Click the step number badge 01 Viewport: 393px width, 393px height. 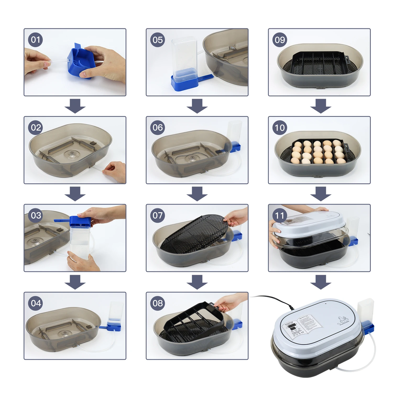[x=35, y=40]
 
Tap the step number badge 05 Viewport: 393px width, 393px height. [x=157, y=40]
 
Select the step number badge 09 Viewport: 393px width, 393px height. [x=280, y=40]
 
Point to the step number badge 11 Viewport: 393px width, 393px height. [x=280, y=216]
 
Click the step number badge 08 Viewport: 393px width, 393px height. [x=157, y=303]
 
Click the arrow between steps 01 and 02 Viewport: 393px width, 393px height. [x=75, y=106]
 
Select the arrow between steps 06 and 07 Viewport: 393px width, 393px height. [x=197, y=194]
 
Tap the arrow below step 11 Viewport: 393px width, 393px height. [x=321, y=282]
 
